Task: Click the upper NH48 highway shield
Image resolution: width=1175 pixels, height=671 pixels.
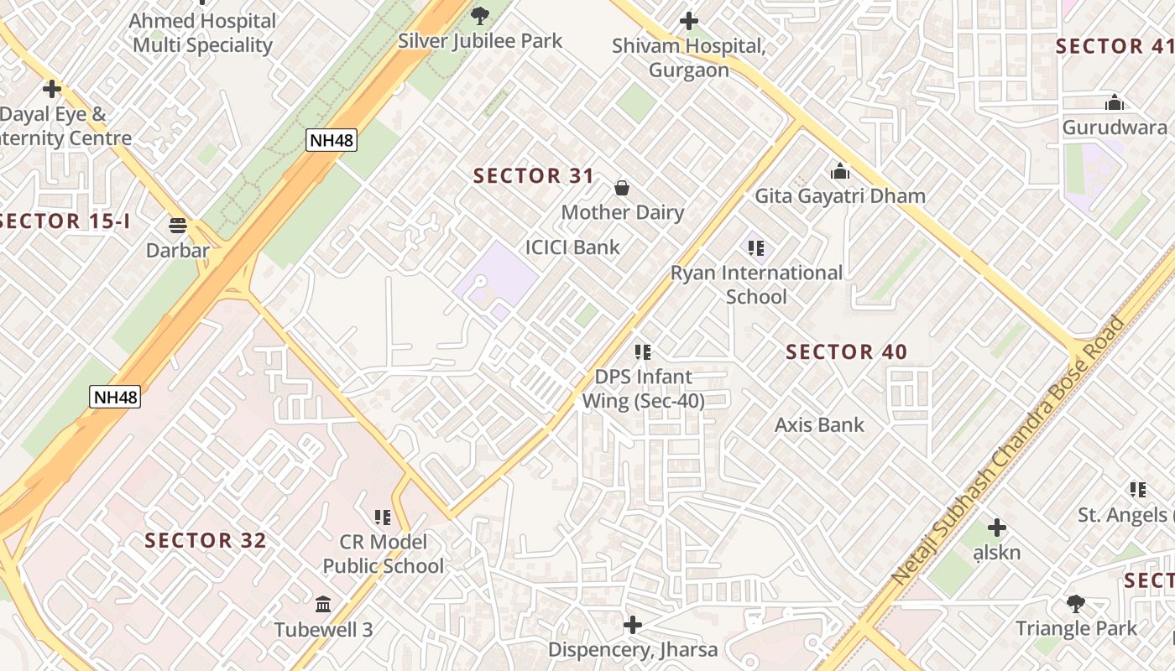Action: click(332, 140)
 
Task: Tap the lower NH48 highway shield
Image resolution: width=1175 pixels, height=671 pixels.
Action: click(115, 397)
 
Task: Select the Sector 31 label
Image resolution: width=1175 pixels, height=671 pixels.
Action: click(534, 176)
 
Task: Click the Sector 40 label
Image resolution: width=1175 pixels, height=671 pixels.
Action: click(846, 352)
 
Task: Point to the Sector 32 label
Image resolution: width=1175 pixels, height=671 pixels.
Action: click(206, 541)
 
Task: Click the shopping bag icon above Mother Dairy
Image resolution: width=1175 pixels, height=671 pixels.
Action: click(622, 187)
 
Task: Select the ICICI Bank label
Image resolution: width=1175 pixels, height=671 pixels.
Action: click(572, 247)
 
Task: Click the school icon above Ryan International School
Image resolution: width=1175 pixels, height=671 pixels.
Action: click(756, 248)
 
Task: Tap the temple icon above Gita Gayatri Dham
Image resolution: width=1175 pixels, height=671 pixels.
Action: click(840, 172)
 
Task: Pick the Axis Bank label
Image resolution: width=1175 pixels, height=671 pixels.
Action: click(819, 425)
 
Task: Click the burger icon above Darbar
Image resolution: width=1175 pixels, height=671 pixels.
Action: click(177, 225)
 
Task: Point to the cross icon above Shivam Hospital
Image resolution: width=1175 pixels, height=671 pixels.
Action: click(689, 20)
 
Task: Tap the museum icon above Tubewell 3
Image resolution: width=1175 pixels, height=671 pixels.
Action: click(323, 604)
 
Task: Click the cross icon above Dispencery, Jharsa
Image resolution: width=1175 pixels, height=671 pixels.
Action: click(633, 625)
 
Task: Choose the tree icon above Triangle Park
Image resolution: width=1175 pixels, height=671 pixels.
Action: click(1075, 603)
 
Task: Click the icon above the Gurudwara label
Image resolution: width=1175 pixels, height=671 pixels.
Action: click(1115, 103)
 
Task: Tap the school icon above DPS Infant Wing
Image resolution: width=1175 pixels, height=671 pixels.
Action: click(643, 352)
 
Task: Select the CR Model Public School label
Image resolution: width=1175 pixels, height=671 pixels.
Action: click(384, 554)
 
